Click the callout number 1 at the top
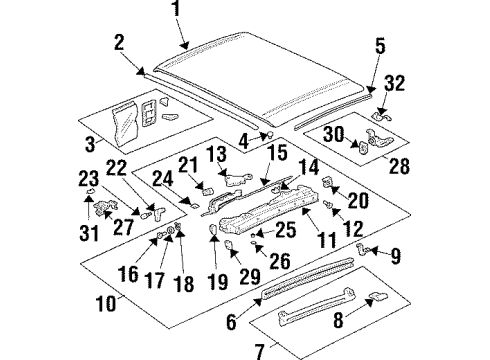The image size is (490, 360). click(177, 13)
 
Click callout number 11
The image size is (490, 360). click(325, 240)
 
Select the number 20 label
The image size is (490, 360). click(357, 201)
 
